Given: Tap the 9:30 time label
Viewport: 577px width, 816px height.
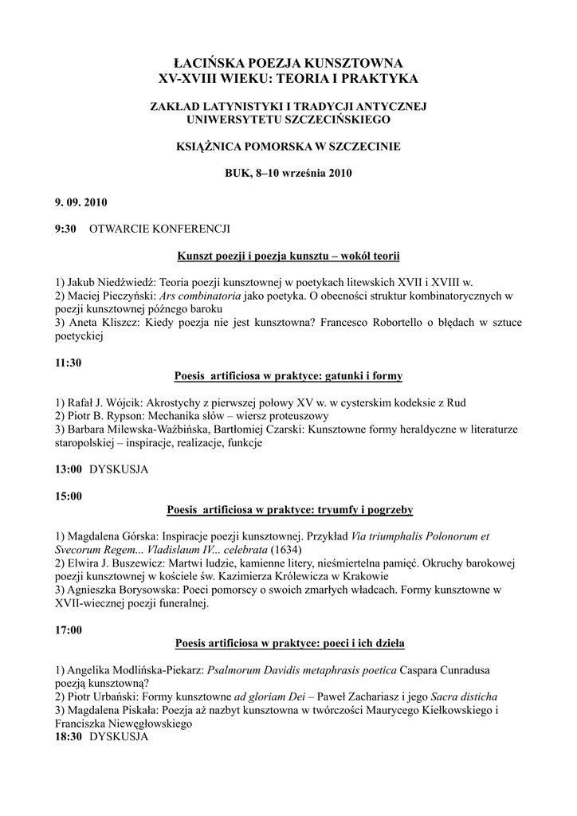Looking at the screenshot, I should (x=65, y=229).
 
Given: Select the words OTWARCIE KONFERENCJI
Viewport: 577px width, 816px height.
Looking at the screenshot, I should (x=159, y=229).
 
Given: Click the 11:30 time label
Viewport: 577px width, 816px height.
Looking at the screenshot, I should (x=69, y=363).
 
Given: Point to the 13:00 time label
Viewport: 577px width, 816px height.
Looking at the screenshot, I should (x=69, y=469).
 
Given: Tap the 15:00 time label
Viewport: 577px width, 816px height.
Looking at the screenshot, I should (x=69, y=496).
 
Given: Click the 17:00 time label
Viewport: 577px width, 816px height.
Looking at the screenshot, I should (x=69, y=630).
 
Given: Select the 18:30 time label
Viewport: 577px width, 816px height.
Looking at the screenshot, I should (x=69, y=737).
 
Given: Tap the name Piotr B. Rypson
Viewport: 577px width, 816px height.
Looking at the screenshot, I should (x=111, y=416).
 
